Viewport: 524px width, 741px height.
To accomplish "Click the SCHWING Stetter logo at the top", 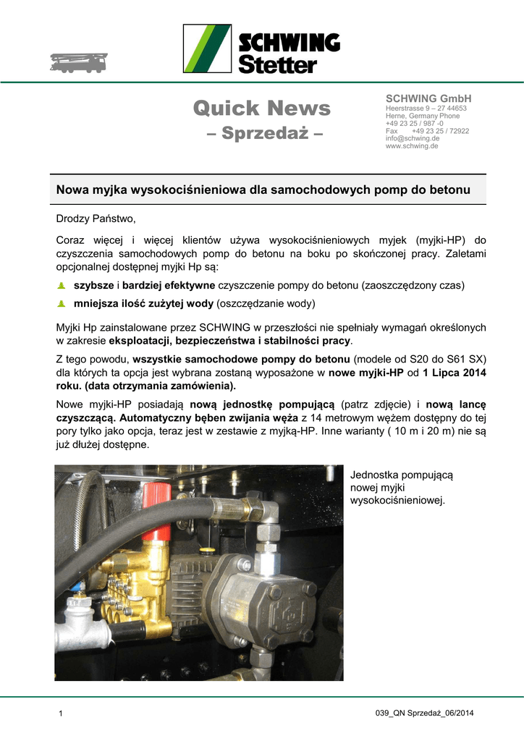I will point(261,48).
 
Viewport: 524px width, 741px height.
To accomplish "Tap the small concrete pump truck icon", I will point(78,62).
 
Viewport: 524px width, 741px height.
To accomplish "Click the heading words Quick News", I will point(261,109).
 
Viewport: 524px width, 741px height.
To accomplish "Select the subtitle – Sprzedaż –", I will point(261,134).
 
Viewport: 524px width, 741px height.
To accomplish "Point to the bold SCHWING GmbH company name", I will point(428,98).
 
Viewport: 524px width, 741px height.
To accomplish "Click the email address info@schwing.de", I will point(413,138).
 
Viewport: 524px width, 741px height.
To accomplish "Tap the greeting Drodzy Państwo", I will point(96,218).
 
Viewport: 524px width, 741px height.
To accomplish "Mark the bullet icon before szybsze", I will point(62,286).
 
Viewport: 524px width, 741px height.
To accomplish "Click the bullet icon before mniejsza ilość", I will point(62,303).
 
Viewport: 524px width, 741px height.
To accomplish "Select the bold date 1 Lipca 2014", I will point(455,373).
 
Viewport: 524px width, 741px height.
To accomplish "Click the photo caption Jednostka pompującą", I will point(401,475).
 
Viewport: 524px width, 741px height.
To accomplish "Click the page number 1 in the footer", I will point(61,715).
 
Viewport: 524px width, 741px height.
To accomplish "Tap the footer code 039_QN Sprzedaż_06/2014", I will point(424,714).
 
